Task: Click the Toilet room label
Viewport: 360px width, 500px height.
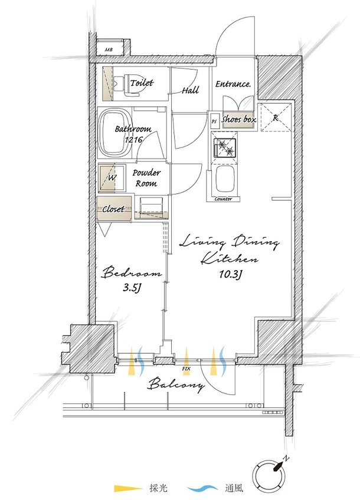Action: pos(142,83)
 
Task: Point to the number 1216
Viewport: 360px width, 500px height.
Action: pos(133,139)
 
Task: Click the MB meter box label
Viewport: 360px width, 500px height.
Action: pos(109,50)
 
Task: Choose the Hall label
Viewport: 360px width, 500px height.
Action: pos(191,90)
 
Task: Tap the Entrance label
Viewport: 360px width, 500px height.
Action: pos(233,84)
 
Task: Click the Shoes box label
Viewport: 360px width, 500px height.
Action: pos(239,119)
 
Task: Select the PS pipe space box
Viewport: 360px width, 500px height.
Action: pos(214,121)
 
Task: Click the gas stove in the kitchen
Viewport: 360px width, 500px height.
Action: pos(225,148)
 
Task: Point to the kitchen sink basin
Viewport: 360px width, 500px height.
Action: pos(225,179)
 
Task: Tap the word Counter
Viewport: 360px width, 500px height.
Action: pos(223,199)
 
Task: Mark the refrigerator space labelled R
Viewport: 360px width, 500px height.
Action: pos(276,117)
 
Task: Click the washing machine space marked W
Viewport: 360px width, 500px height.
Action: pos(112,178)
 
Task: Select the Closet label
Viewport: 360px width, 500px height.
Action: pos(113,209)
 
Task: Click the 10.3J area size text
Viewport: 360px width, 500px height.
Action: pos(230,274)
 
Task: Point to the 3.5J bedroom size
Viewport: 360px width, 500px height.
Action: pos(132,288)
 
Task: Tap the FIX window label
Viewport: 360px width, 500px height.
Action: pos(186,369)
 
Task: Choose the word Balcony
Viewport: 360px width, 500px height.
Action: pos(176,384)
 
